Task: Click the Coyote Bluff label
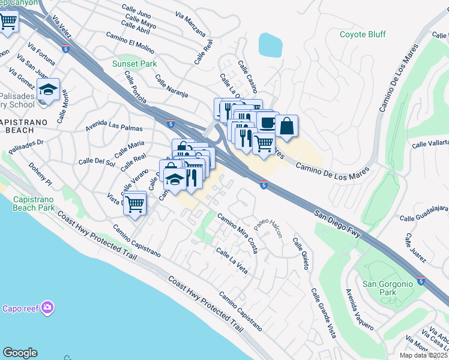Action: pos(363,34)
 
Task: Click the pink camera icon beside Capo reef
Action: pos(47,308)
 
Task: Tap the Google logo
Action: pos(20,353)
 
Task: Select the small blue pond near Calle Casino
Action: pos(270,44)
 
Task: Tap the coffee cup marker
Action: pos(266,122)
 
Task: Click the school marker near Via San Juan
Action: pos(47,91)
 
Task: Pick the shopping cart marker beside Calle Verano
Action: pos(135,203)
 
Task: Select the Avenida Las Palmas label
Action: pos(114,127)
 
